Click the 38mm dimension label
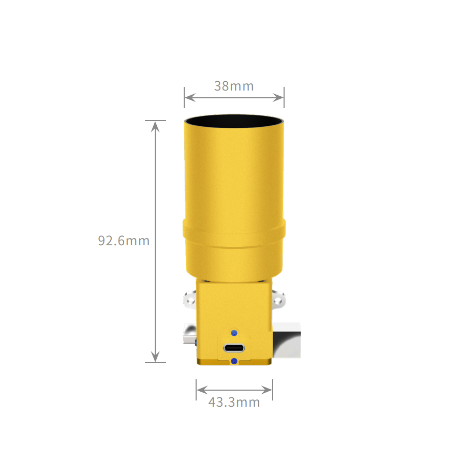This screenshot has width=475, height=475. tap(234, 86)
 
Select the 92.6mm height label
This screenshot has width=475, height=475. tap(124, 241)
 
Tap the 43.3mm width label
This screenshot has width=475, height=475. tap(234, 402)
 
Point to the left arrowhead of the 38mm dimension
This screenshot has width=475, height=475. tap(189, 98)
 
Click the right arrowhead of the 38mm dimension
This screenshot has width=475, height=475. tap(278, 98)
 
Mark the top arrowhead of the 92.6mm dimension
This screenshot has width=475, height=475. tap(155, 127)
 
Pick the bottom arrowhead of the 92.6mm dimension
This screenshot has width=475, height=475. tap(155, 357)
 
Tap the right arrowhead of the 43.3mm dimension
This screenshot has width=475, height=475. tap(267, 390)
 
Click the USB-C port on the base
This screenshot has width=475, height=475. tap(234, 348)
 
